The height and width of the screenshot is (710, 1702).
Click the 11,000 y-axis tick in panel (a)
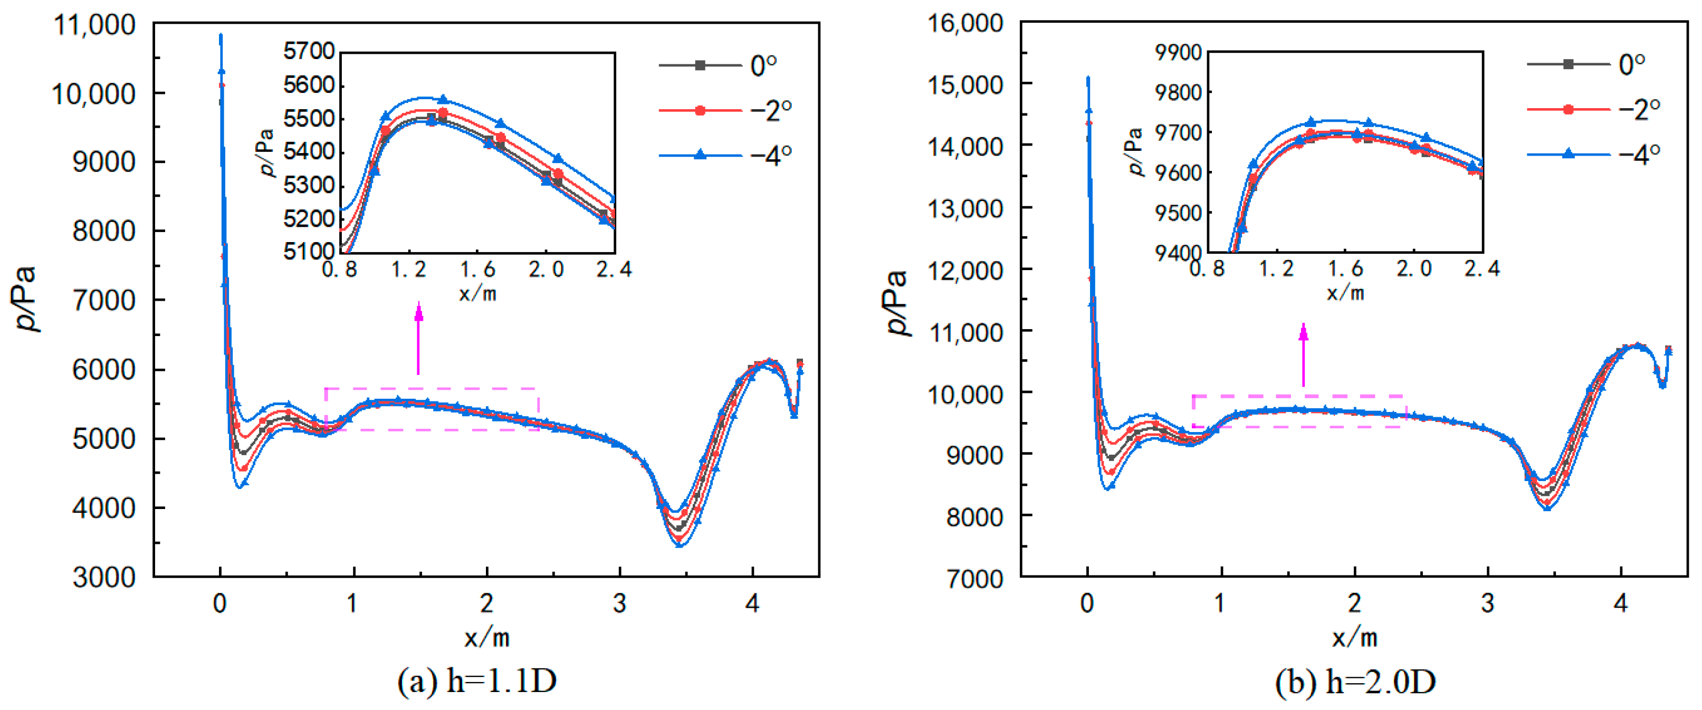point(94,26)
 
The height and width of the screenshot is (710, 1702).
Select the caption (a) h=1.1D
point(476,681)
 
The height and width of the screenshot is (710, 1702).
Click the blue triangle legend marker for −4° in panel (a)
point(700,155)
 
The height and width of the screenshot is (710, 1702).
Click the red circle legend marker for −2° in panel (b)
point(1568,109)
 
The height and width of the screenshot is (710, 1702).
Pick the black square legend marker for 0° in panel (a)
point(700,65)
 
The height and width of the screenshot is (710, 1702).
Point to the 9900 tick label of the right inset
point(1178,52)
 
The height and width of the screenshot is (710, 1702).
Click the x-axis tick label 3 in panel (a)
point(619,603)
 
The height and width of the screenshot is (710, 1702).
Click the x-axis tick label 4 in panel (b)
point(1620,603)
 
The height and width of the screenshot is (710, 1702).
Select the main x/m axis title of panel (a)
point(486,637)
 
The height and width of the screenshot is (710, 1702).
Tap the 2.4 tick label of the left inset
point(614,270)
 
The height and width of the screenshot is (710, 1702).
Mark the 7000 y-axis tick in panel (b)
point(974,579)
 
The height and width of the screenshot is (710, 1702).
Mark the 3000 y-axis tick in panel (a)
point(104,577)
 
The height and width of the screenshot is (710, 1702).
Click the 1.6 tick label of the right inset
point(1346,269)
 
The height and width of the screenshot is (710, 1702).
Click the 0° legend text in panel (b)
point(1631,64)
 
